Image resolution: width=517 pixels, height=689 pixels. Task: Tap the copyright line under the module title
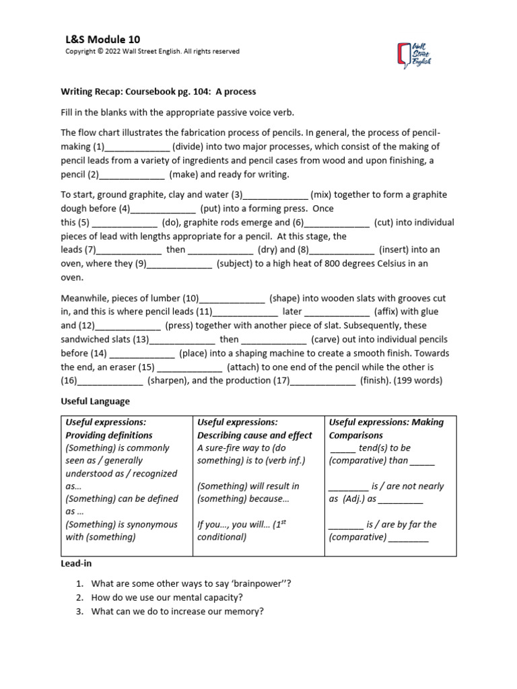[x=151, y=52]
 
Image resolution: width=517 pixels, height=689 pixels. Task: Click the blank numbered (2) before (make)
[x=131, y=175]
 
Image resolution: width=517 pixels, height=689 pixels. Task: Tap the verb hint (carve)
[x=327, y=340]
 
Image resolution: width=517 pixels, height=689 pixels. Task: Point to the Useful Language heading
[x=95, y=401]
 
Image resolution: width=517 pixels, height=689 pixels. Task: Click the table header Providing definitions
[x=109, y=435]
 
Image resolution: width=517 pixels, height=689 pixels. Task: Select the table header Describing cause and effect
[x=254, y=435]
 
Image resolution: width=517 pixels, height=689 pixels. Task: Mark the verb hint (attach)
[x=250, y=367]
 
